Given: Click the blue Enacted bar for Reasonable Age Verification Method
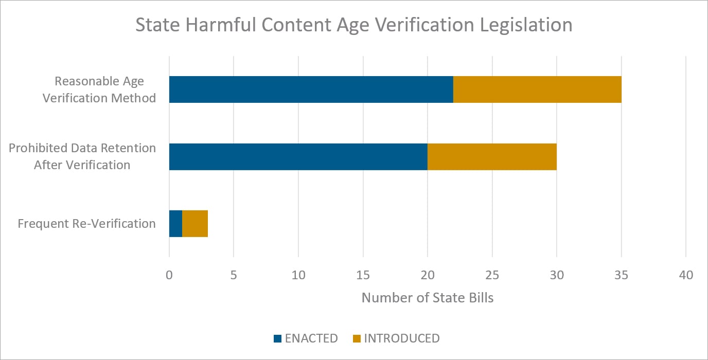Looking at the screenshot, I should click(x=311, y=89).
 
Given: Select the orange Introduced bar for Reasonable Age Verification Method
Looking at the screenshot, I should click(x=537, y=89).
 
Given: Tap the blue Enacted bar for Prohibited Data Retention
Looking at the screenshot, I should click(x=298, y=157).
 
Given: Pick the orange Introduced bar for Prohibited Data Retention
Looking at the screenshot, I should click(x=492, y=157).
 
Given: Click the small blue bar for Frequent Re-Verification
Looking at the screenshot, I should click(x=175, y=224).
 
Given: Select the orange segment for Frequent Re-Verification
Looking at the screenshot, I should click(x=195, y=224).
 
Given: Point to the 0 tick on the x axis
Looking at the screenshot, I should click(x=169, y=275).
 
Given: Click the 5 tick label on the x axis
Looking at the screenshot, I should click(x=234, y=275).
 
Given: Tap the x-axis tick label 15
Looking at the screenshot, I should click(x=363, y=275).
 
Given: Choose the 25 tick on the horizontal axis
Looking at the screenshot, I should click(x=492, y=275).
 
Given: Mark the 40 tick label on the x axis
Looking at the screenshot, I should click(x=686, y=275).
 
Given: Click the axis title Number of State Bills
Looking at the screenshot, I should click(x=427, y=298).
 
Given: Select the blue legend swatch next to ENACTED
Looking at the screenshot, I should click(x=278, y=338).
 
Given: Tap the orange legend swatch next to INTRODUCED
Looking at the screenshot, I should click(x=357, y=338).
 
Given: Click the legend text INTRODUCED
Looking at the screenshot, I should click(x=402, y=338).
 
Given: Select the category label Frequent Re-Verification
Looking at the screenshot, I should click(x=86, y=224).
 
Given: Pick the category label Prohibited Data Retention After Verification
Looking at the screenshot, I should click(x=82, y=156).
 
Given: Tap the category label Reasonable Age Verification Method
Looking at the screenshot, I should click(x=99, y=89).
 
